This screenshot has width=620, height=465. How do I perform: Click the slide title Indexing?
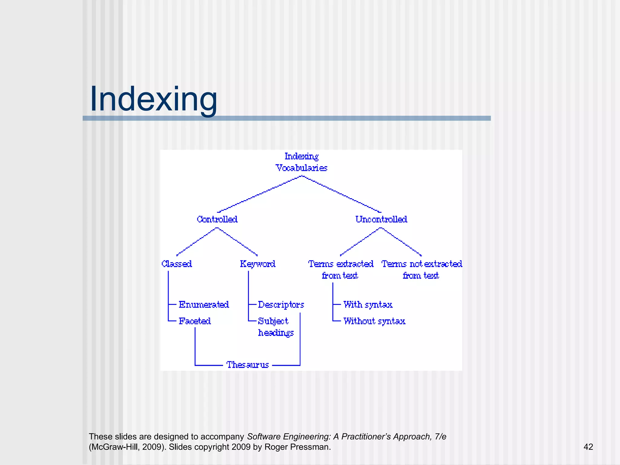(x=153, y=99)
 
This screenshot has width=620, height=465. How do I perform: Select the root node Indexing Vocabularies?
(x=302, y=162)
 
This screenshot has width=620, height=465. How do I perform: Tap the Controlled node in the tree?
(x=217, y=219)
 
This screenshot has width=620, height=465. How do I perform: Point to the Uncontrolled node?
(x=381, y=219)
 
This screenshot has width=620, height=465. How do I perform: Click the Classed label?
(x=177, y=264)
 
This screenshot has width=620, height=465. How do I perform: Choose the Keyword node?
(x=258, y=264)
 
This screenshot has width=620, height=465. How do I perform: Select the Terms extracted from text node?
(x=341, y=269)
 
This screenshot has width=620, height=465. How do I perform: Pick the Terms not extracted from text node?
(x=421, y=269)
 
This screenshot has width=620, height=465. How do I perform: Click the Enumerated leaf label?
(x=204, y=305)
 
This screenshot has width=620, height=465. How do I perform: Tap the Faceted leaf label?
(x=195, y=321)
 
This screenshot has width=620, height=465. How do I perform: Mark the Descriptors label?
(x=281, y=305)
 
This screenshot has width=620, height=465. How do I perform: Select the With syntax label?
(x=368, y=305)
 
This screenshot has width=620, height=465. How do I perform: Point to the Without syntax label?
(x=374, y=321)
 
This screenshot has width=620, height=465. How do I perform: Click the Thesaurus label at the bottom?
(x=248, y=365)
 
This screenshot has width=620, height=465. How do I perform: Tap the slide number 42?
(x=588, y=447)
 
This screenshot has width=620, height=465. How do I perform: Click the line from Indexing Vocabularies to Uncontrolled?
(x=342, y=194)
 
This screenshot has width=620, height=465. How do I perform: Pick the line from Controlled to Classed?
(x=197, y=242)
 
